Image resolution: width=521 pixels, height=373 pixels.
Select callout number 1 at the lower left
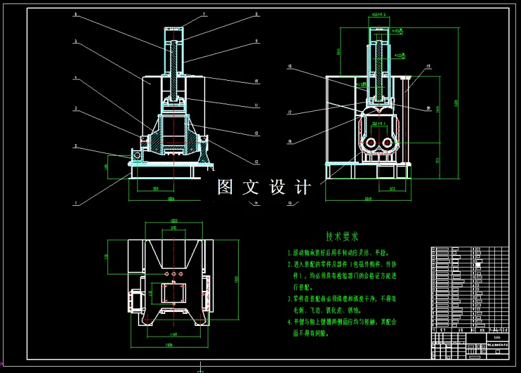[76, 203]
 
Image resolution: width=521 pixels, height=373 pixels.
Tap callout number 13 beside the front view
[256, 161]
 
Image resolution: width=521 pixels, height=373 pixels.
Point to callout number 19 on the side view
[429, 65]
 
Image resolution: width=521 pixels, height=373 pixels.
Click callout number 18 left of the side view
[289, 65]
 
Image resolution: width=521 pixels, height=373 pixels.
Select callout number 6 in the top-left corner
[76, 13]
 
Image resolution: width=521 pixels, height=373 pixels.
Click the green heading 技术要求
[342, 236]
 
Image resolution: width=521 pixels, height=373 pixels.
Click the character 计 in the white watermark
[303, 187]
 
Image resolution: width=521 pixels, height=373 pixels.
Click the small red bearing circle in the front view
[136, 154]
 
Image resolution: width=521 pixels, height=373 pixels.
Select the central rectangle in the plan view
[173, 294]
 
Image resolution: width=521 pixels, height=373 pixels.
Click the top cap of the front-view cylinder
[175, 30]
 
